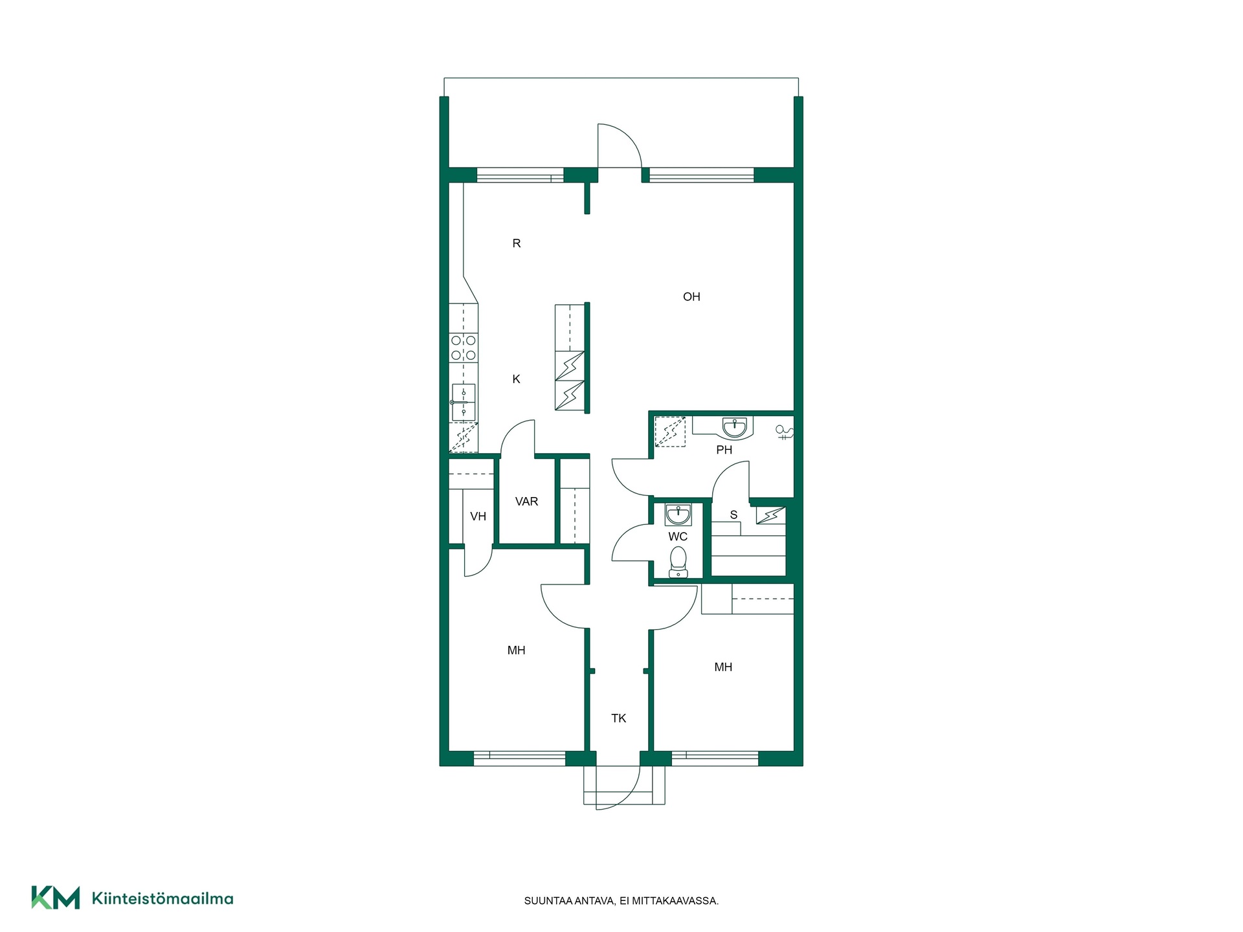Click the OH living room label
pos(691,297)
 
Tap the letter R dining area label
pos(517,243)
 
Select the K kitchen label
pos(516,379)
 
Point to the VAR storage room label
pos(526,502)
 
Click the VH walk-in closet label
pos(478,516)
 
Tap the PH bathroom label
pos(724,450)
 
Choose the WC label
pos(678,537)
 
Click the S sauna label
pos(733,515)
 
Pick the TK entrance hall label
pos(618,718)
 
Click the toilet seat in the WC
pos(678,561)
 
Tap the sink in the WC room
pos(678,515)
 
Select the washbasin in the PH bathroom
pos(734,428)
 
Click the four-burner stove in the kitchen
pos(464,348)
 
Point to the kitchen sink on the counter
pos(464,402)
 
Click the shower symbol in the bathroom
pos(785,432)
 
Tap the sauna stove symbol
pos(770,515)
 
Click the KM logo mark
pos(56,898)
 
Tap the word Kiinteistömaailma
pos(162,898)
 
